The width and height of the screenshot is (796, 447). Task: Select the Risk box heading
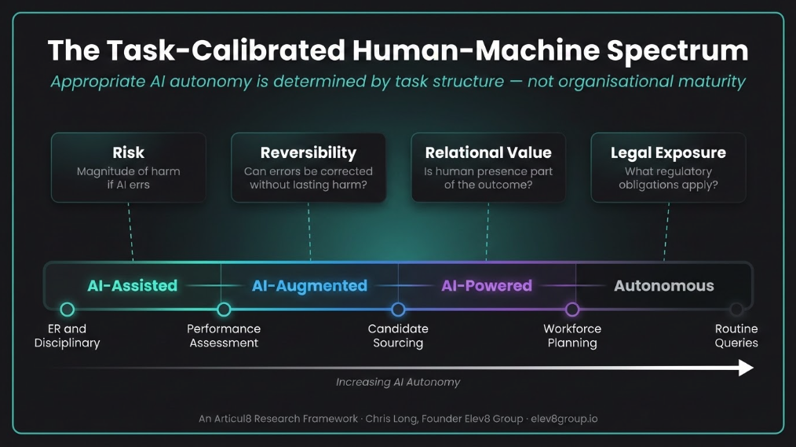coord(129,152)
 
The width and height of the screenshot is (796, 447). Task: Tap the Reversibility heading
coord(308,152)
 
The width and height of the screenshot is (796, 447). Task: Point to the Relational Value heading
coord(487,152)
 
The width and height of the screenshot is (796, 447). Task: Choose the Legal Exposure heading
coord(668,152)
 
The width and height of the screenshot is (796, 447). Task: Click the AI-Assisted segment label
coord(132,286)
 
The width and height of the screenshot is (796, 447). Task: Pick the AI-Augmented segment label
coord(309,286)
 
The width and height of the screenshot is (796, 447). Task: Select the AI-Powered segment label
coord(487,286)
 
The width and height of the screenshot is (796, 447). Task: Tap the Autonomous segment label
coord(664,286)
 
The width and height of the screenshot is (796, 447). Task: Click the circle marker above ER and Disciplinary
coord(68,310)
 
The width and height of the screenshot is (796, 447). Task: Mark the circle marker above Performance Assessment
coord(224,310)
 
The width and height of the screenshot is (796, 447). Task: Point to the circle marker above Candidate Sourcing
coord(398,310)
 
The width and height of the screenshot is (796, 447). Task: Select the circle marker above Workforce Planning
coord(572,310)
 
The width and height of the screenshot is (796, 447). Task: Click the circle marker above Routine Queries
coord(736,310)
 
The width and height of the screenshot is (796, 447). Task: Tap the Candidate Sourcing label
coord(398,335)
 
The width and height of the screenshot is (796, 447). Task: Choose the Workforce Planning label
coord(572,335)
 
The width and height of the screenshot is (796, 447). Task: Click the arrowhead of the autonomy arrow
coord(745,368)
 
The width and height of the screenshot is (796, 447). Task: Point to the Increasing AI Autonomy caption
coord(398,383)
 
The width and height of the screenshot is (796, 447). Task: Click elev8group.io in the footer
coord(564,419)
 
